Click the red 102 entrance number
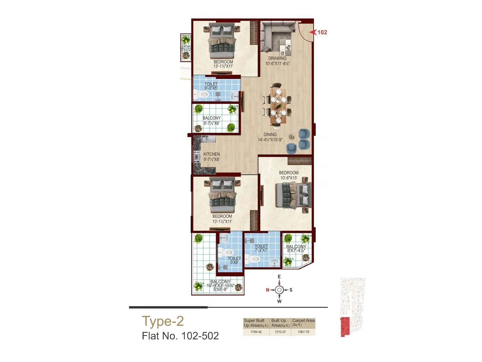[322, 32]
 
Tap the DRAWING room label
[277, 58]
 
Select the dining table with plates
[277, 103]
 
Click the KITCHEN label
[211, 154]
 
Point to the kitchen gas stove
[197, 157]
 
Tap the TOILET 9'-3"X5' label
[211, 86]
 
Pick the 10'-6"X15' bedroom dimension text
[289, 178]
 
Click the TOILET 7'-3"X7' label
[261, 248]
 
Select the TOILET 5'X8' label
[234, 260]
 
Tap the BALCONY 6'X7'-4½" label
[296, 249]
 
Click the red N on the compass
[268, 290]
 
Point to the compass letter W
[279, 301]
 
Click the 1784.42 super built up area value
[256, 332]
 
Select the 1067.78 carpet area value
[303, 332]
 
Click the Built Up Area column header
[280, 323]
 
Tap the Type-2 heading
[163, 321]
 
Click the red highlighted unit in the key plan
[344, 327]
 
